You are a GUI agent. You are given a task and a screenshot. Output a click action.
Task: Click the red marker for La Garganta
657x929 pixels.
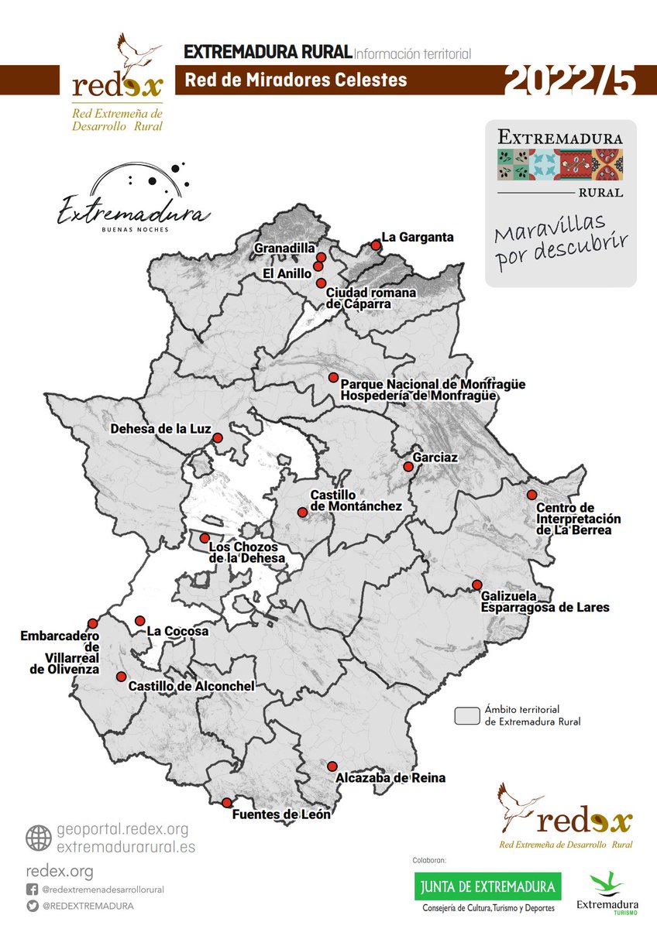click(x=376, y=245)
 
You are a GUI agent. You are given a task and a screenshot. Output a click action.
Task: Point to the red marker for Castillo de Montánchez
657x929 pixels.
click(x=302, y=512)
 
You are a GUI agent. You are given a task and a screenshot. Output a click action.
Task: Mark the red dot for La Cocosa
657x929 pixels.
click(x=140, y=621)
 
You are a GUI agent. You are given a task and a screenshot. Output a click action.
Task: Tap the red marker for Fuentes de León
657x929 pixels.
click(x=227, y=803)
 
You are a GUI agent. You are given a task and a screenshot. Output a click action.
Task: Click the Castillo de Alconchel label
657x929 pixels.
click(x=191, y=686)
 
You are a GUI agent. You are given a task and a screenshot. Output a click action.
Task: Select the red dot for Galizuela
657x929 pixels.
click(x=476, y=584)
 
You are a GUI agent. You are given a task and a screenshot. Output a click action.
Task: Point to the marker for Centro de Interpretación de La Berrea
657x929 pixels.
click(x=531, y=495)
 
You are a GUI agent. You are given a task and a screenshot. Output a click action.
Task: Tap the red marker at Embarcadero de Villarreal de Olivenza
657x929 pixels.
click(x=93, y=623)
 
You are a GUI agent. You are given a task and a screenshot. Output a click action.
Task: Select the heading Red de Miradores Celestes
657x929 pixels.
click(x=295, y=80)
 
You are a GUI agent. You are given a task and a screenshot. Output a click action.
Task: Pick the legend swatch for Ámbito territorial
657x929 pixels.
click(x=466, y=715)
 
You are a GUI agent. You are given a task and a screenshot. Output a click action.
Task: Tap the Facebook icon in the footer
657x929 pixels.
click(x=33, y=890)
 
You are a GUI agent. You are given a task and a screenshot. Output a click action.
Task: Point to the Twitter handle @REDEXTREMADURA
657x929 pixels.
click(x=88, y=906)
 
